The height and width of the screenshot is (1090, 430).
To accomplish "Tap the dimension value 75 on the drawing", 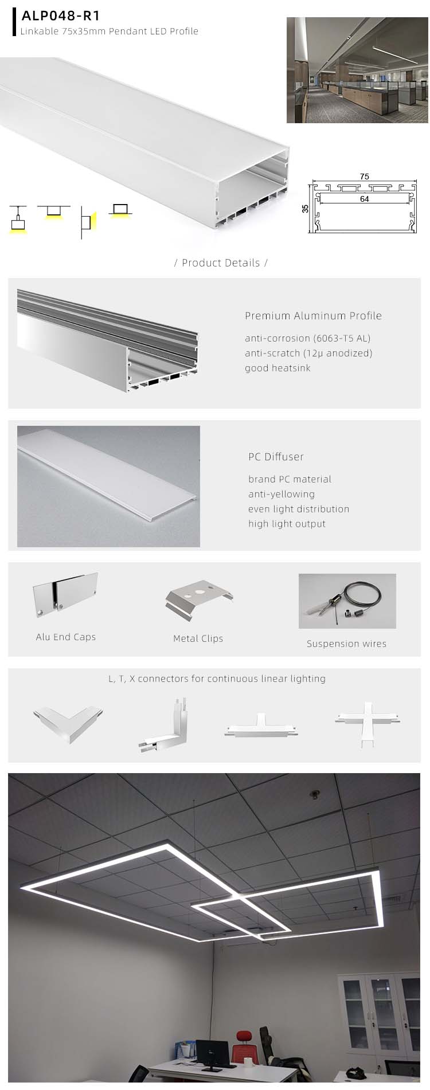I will [365, 177].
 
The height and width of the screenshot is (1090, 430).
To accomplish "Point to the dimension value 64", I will [364, 199].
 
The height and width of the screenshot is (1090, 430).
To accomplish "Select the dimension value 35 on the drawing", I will [306, 209].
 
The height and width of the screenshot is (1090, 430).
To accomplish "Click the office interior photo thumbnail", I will [357, 70].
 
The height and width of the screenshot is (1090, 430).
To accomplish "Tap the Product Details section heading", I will [221, 263].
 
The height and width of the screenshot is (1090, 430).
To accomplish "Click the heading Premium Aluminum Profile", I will [313, 316].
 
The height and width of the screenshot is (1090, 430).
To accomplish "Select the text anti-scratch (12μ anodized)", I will [308, 353].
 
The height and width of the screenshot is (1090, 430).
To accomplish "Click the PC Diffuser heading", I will [276, 457].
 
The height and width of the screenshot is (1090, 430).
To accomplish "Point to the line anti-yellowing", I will [281, 494].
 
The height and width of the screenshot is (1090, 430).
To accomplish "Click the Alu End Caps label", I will [66, 637].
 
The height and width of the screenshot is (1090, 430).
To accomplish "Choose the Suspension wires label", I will [346, 644].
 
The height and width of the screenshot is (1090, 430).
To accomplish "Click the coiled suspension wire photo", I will [347, 601].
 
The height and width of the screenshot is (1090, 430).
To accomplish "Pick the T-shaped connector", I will [261, 726].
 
